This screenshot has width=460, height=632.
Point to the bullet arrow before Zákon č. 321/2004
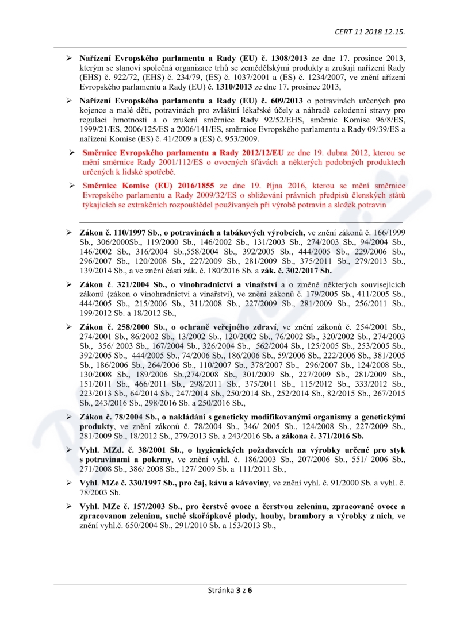tap(69, 285)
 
